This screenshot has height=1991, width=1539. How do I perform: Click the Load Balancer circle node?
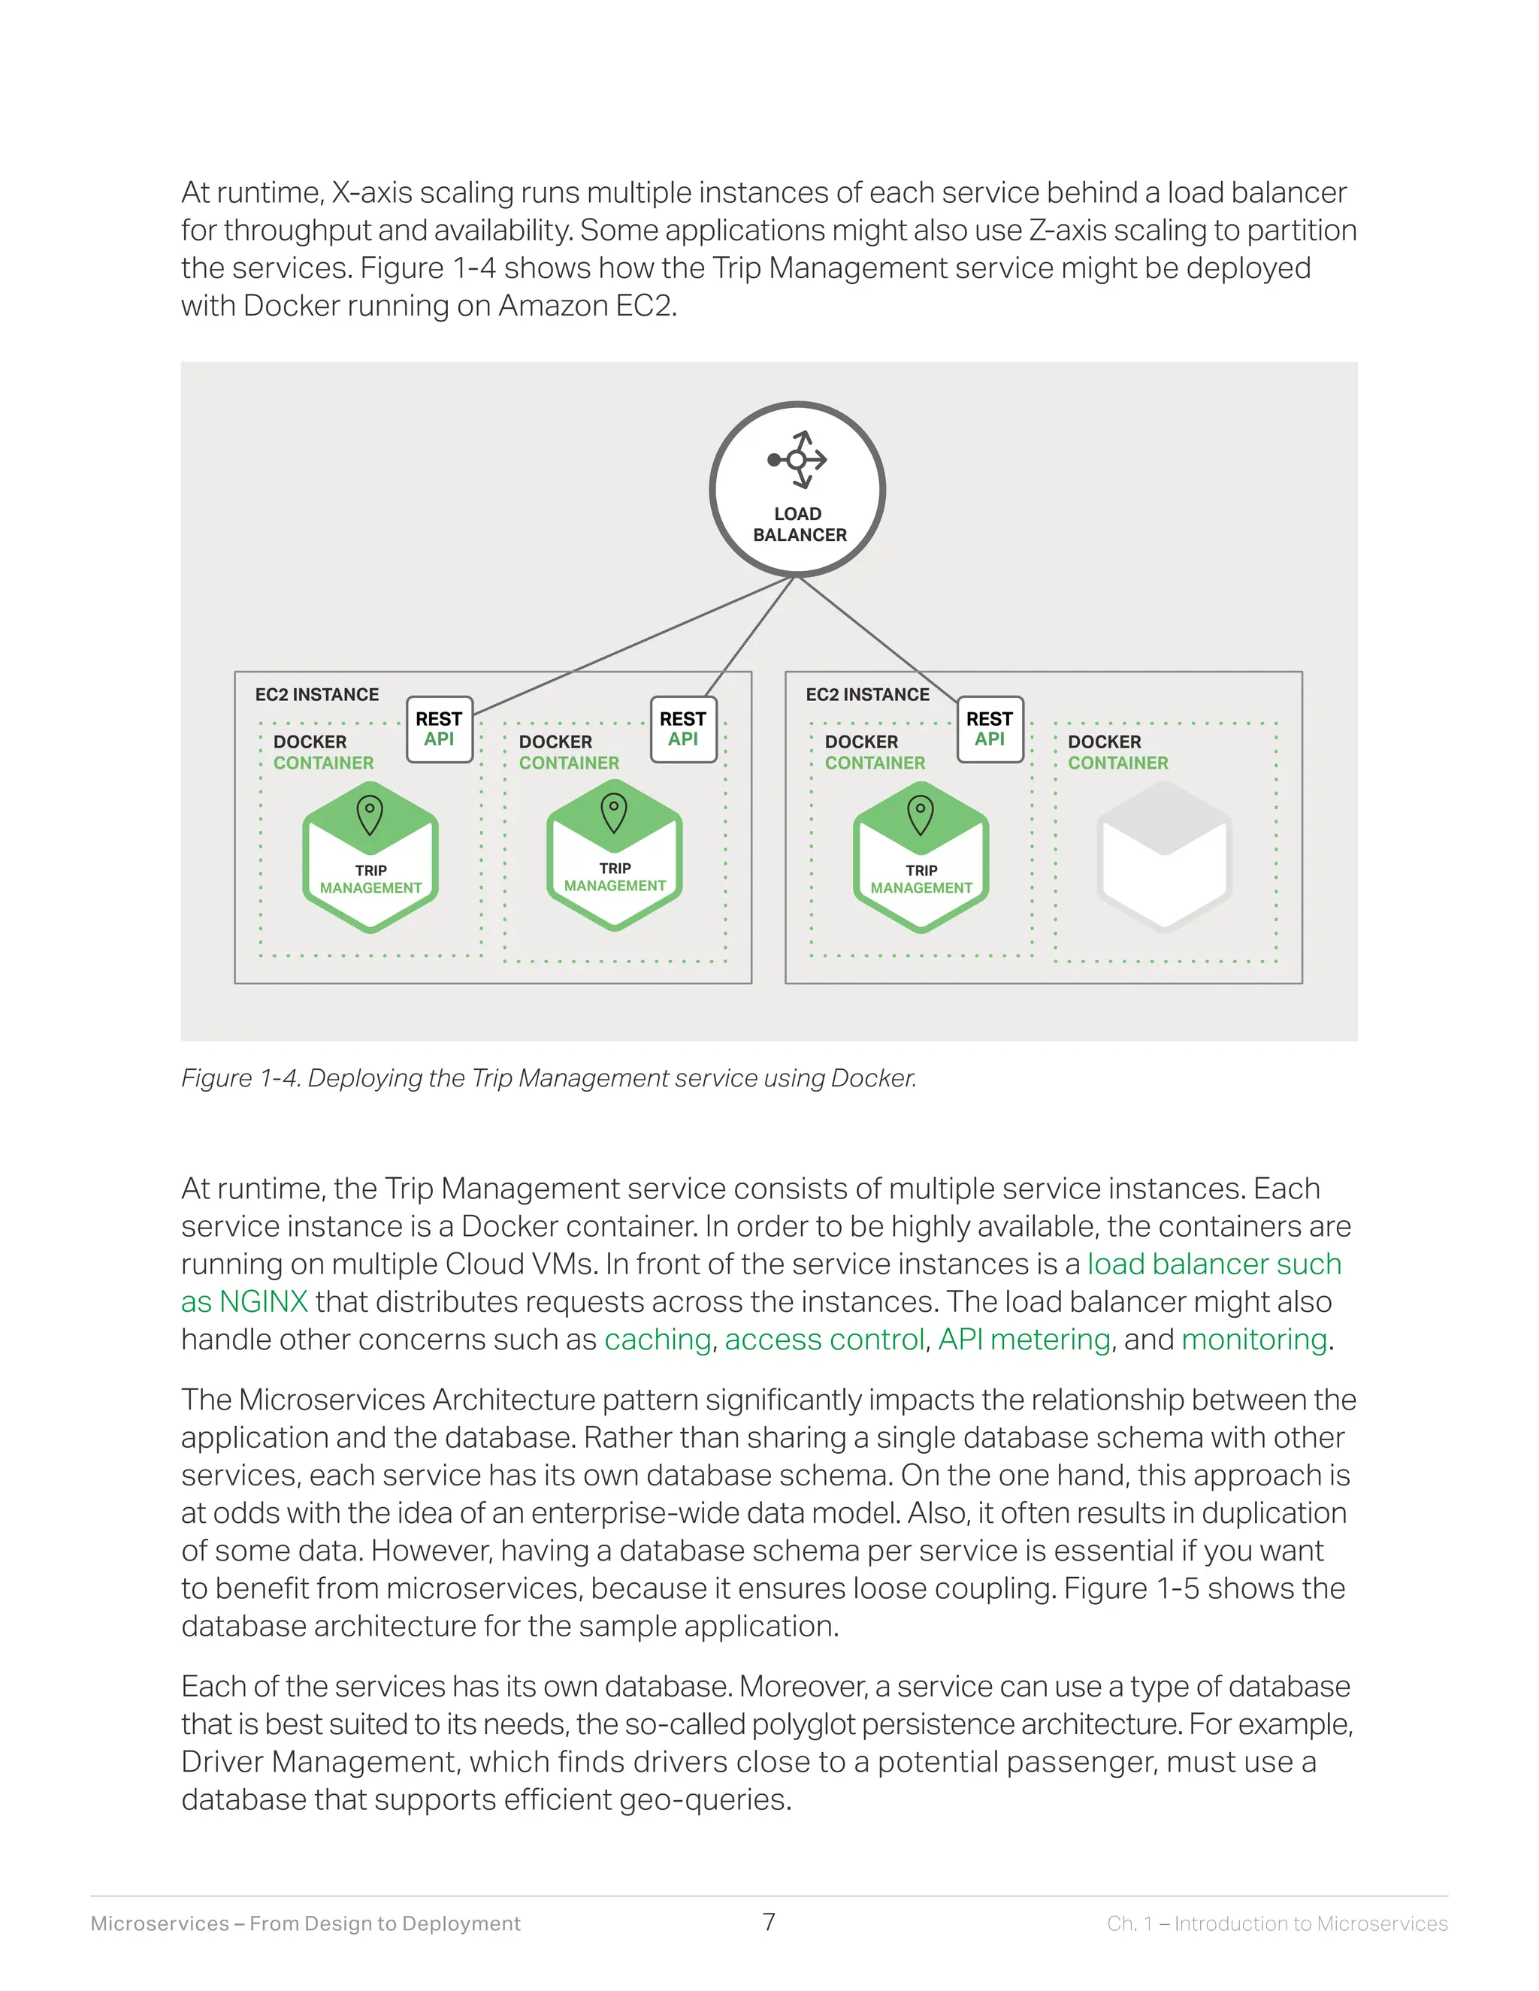[x=797, y=490]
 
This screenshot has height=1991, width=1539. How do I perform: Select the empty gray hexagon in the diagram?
[x=1164, y=857]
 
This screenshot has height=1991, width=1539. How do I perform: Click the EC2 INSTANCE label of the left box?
[x=316, y=695]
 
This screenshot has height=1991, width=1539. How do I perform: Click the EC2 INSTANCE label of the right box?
[x=867, y=695]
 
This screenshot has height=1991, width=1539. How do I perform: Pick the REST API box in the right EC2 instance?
[x=989, y=730]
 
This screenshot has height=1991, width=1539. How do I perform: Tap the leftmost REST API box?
[x=439, y=730]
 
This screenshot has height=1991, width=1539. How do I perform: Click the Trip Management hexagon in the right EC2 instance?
[x=921, y=858]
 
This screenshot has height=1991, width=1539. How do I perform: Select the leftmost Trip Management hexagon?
[x=370, y=858]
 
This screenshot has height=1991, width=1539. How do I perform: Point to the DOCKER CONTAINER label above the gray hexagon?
[x=1117, y=752]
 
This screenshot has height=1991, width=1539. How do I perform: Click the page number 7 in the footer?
[x=769, y=1922]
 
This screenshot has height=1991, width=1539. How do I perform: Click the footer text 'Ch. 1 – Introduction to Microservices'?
[x=1277, y=1923]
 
